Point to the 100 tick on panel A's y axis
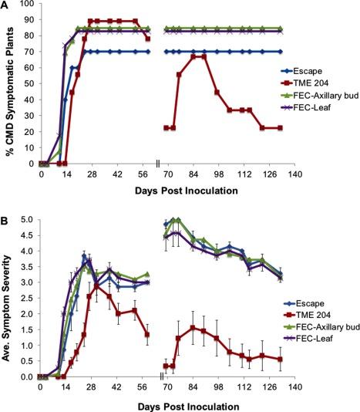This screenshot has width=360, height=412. click(x=28, y=5)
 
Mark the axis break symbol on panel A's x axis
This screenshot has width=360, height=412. click(x=157, y=164)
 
